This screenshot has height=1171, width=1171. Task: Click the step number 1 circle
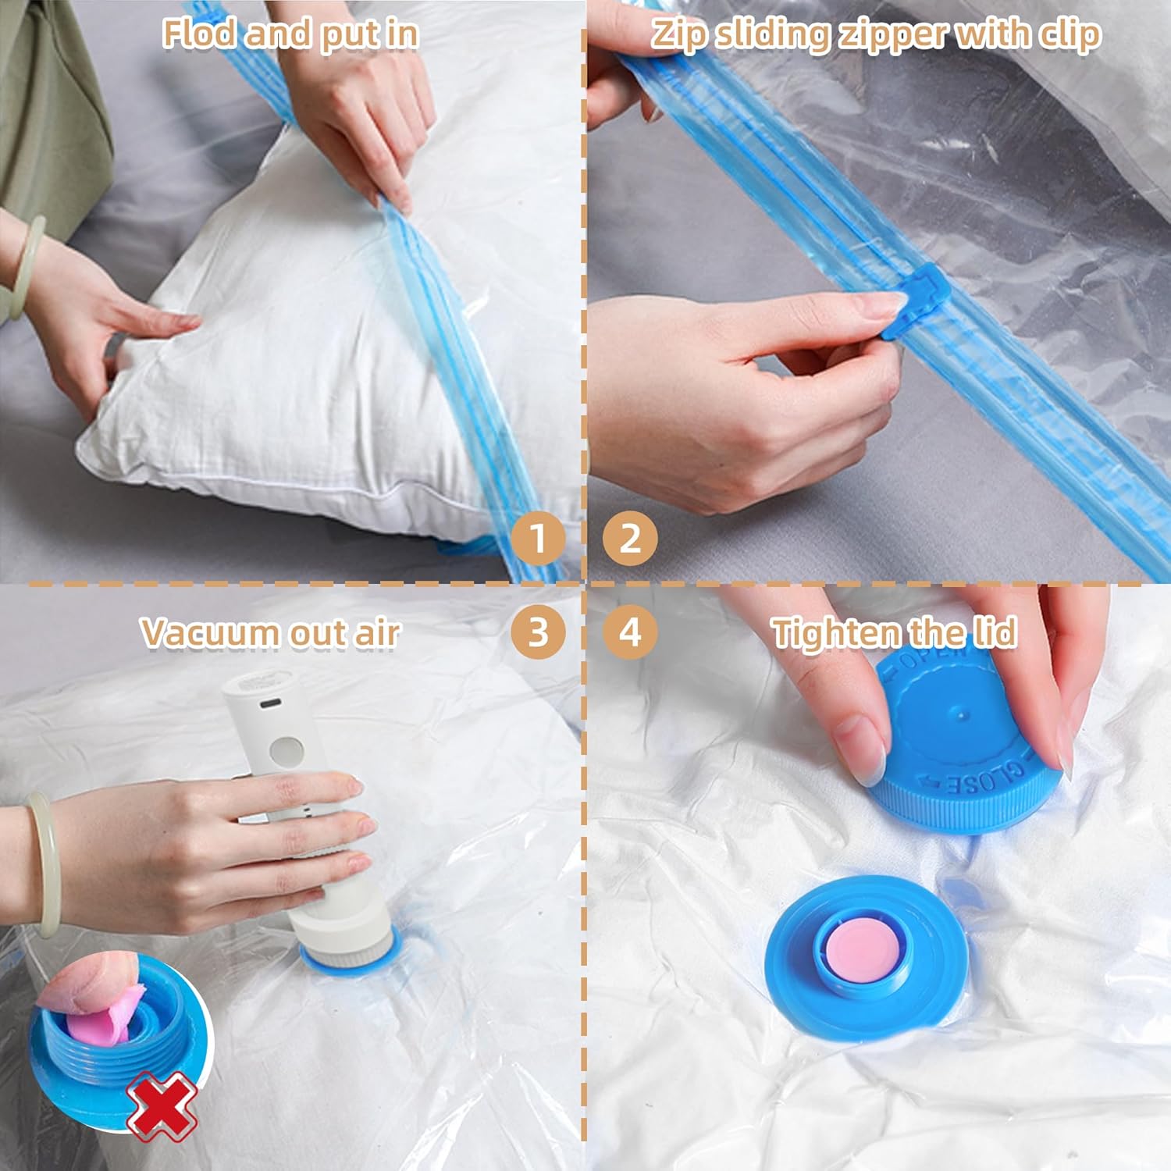point(538,538)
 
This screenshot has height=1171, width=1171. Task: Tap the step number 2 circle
point(630,538)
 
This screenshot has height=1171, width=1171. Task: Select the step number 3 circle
point(538,632)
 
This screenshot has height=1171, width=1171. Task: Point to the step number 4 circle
point(630,632)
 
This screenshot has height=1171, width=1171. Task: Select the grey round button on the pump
point(285,750)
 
